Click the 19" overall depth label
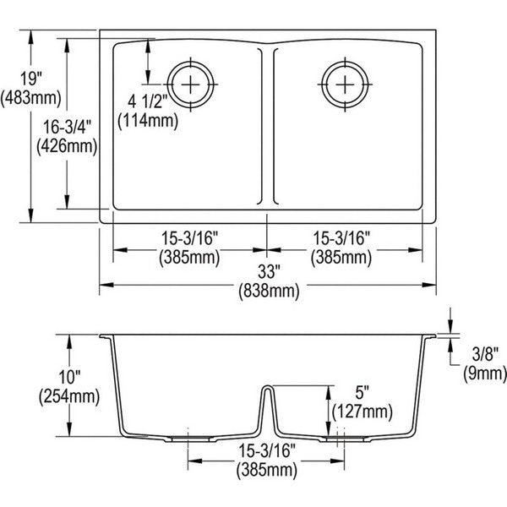pyautogui.click(x=31, y=79)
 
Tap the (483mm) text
pyautogui.click(x=31, y=98)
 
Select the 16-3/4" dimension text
pyautogui.click(x=68, y=127)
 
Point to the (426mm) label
pyautogui.click(x=67, y=146)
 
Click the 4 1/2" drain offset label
pyautogui.click(x=147, y=102)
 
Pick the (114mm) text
pyautogui.click(x=148, y=121)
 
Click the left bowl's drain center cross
pyautogui.click(x=190, y=84)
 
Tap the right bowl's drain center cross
pyautogui.click(x=345, y=84)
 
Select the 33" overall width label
pyautogui.click(x=269, y=272)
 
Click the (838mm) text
pyautogui.click(x=269, y=291)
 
